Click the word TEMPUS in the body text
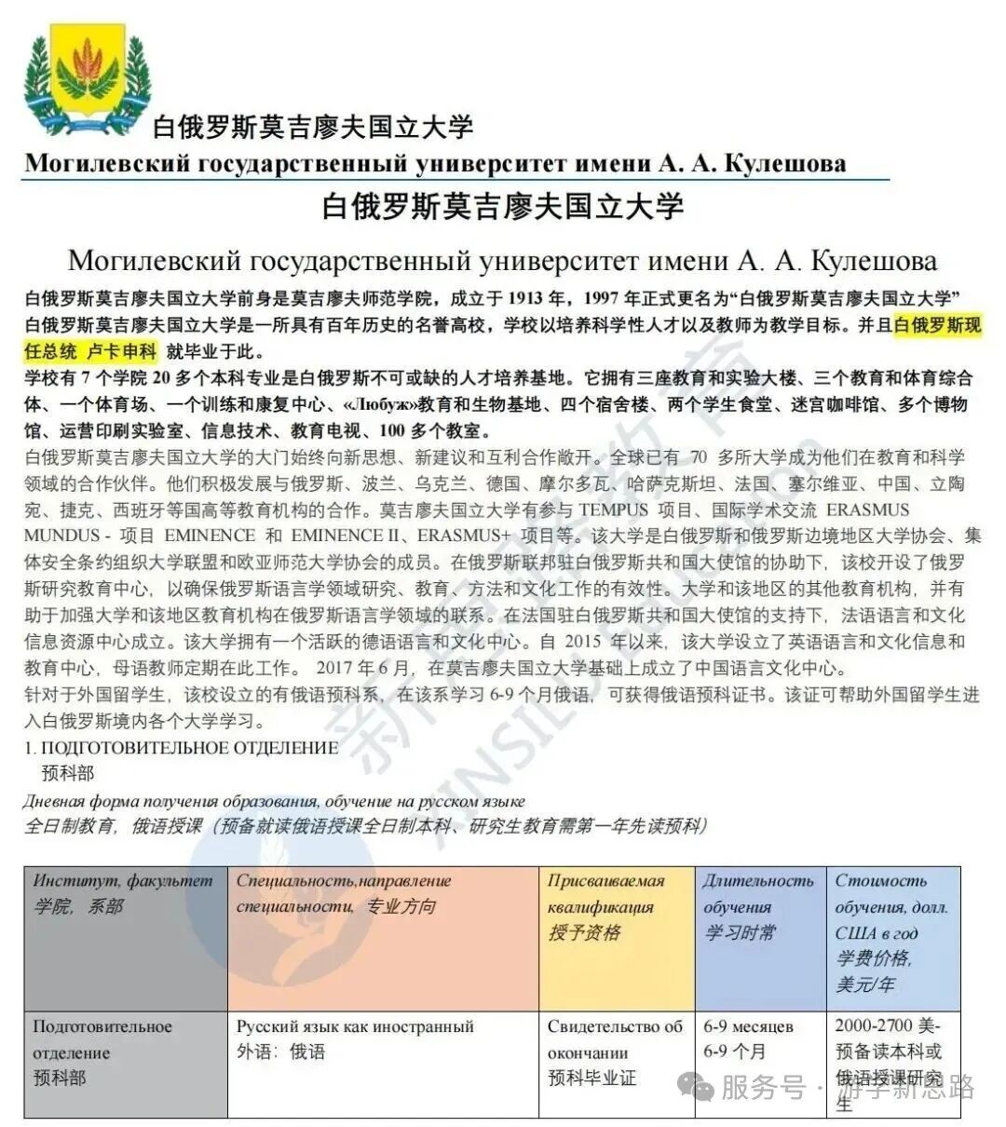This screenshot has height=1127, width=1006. click(x=613, y=509)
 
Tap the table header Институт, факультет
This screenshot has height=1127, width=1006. click(x=123, y=881)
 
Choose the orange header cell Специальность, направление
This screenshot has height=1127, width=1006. click(x=343, y=881)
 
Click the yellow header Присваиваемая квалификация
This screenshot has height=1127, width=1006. click(x=606, y=894)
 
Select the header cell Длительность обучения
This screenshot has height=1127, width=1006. click(x=758, y=894)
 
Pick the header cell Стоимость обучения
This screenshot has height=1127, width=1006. click(x=891, y=894)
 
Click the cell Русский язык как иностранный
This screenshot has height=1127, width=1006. click(x=355, y=1026)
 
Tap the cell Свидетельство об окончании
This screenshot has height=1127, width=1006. click(x=615, y=1039)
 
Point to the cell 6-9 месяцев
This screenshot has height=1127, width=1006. click(x=748, y=1026)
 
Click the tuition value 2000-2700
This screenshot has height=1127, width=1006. click(x=876, y=1025)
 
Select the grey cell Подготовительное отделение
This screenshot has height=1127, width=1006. click(x=102, y=1039)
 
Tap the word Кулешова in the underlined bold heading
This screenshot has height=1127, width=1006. click(x=784, y=164)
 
